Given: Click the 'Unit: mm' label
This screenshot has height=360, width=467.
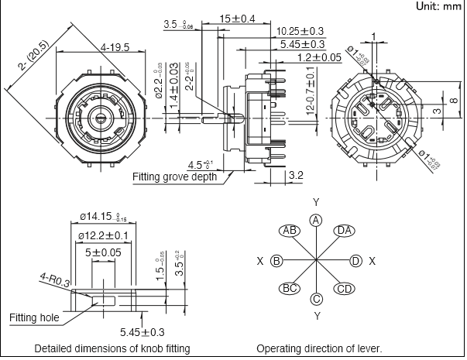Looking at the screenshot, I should coord(438,6).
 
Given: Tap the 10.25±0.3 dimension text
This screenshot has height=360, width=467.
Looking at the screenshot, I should coord(300,31).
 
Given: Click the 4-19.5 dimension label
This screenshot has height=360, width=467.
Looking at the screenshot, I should coord(114,48).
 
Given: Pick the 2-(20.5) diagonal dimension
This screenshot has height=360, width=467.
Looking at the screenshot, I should coord(33,61).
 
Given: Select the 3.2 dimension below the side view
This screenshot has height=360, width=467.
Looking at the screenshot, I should coord(295,176).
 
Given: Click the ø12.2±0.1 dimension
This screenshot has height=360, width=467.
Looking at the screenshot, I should coord(104,235).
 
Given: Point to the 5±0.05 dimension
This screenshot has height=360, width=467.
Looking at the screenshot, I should coord(103,252).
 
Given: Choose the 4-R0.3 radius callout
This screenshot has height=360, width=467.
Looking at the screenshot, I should coord(52,282).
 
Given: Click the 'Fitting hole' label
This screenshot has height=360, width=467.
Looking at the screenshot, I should coord(34,318).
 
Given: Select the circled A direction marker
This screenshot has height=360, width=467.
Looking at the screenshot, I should coord(315,221).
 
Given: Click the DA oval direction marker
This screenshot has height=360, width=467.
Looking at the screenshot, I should coord(345,231).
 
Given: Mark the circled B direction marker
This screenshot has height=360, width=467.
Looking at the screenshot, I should coord(276,261).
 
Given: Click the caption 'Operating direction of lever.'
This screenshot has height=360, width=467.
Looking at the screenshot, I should coord(319,348).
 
